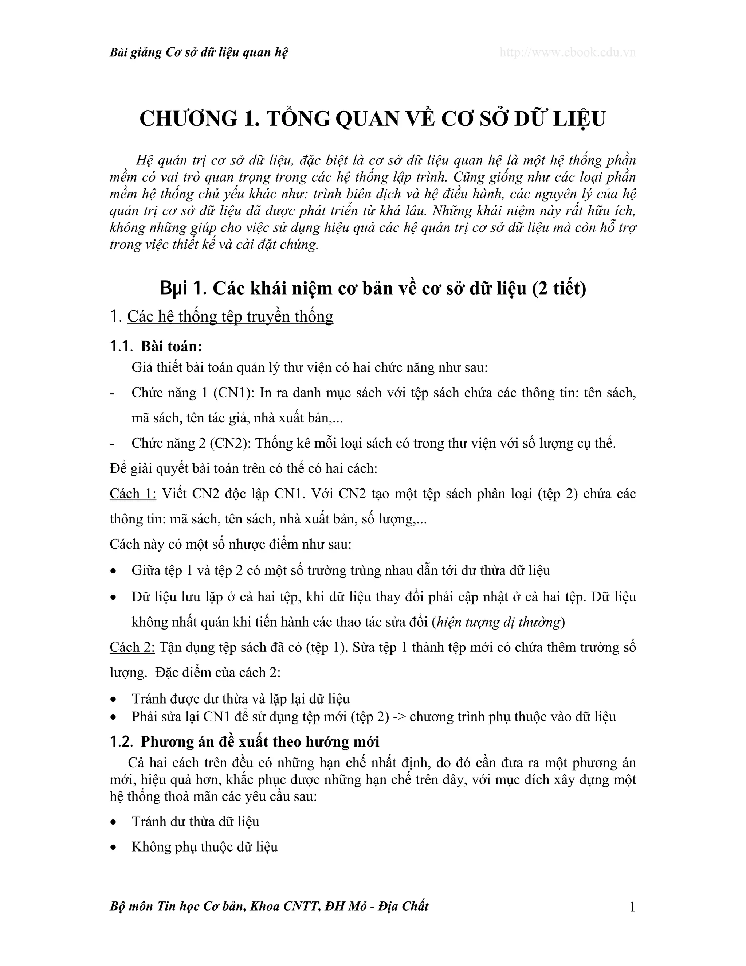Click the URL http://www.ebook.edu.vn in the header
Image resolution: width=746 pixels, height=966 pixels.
pos(568,52)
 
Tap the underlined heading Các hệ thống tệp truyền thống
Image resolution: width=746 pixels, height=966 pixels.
pos(230,317)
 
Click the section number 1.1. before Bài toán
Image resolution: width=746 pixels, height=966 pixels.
pos(121,347)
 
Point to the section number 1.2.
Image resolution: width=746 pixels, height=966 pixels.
pos(121,742)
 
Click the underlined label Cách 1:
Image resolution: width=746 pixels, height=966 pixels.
pos(133,494)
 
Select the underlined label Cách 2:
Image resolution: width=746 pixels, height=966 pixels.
pos(132,647)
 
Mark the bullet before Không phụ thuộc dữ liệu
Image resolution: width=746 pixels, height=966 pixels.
pos(114,848)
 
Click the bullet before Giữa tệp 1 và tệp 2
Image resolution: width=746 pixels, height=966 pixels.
pos(114,571)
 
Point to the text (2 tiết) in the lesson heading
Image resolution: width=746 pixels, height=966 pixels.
pos(559,288)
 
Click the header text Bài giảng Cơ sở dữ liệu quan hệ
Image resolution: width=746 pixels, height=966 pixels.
pos(199,52)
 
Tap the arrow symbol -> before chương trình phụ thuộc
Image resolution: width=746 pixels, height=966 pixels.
pos(399,717)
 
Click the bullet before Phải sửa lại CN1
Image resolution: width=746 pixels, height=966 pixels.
pos(114,717)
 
